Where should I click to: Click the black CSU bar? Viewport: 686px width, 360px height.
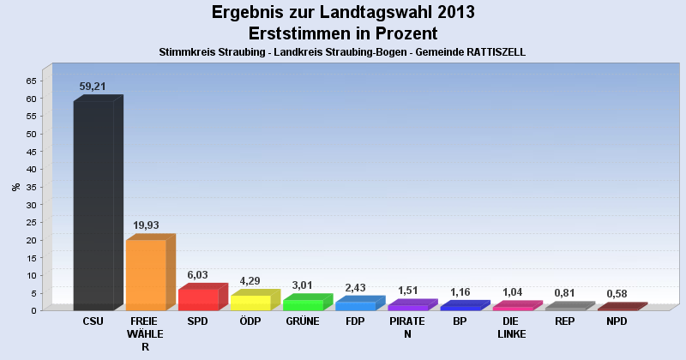[x=93, y=206]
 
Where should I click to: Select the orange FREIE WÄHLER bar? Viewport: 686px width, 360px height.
[x=146, y=274]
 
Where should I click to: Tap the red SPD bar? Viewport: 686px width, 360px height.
[x=198, y=299]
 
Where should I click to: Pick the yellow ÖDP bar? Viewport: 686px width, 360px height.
[x=250, y=302]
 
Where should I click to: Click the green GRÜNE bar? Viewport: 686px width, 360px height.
[x=303, y=304]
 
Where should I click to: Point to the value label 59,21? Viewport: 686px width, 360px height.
[x=93, y=87]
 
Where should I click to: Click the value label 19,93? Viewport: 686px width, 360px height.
[x=146, y=225]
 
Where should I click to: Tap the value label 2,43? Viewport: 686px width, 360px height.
[x=355, y=287]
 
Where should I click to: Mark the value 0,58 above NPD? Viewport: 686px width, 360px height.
[x=617, y=294]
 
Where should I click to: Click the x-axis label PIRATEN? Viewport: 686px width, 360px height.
[x=407, y=327]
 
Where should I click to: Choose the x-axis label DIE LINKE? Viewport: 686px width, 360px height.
[x=512, y=327]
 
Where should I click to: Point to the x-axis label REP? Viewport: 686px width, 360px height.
[x=564, y=321]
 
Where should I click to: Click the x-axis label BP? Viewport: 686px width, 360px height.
[x=460, y=321]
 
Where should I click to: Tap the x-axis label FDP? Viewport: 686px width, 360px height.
[x=355, y=321]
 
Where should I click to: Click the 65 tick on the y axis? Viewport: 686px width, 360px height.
[x=31, y=81]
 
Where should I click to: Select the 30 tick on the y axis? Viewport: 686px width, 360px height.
[x=31, y=204]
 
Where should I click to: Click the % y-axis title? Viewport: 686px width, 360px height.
[x=15, y=186]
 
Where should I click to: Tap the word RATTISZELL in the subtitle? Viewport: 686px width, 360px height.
[x=490, y=52]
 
